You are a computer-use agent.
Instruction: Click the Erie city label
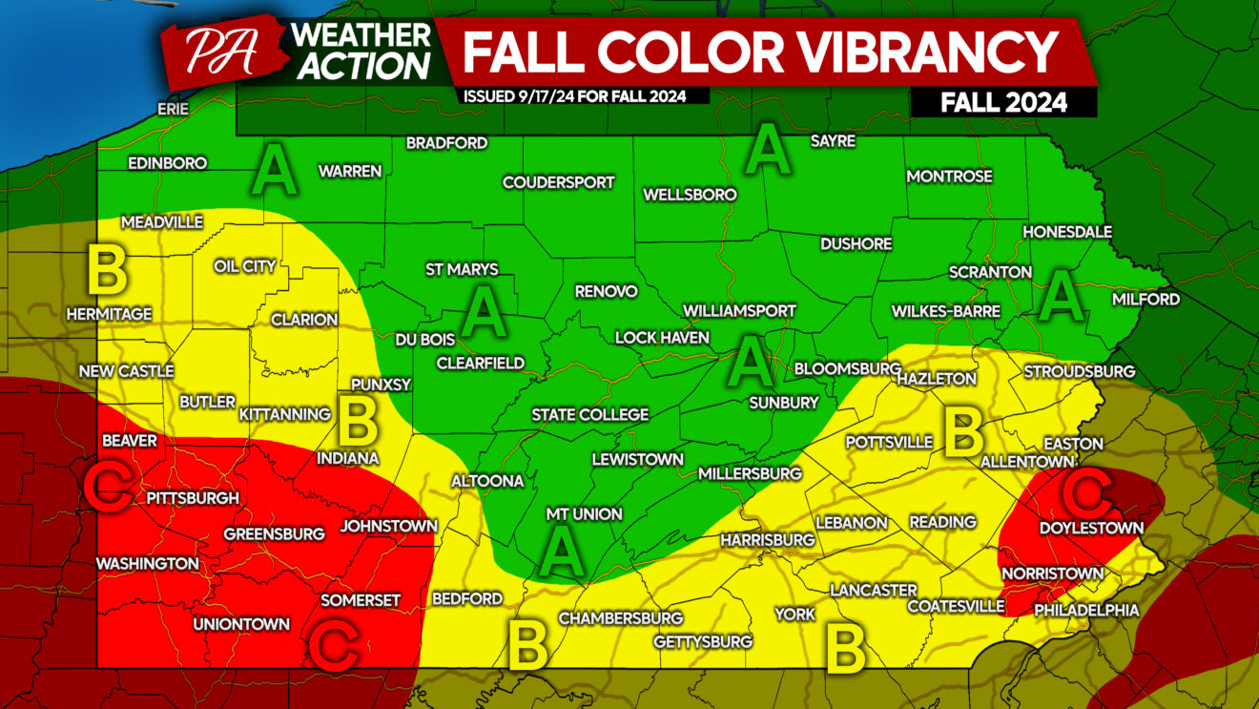click(173, 109)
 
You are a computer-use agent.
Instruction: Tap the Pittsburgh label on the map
click(192, 497)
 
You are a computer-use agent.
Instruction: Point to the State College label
click(589, 414)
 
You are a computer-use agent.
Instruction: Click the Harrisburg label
click(767, 540)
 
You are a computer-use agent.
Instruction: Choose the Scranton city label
click(990, 272)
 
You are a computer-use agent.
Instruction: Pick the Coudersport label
click(558, 182)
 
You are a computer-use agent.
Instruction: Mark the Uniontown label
click(241, 624)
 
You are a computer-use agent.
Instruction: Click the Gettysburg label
click(703, 642)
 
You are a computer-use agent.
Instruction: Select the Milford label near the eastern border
click(1145, 299)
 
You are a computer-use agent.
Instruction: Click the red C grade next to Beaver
click(107, 486)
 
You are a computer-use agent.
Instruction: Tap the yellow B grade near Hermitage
click(107, 269)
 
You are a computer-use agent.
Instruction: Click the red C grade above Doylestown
click(1086, 491)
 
